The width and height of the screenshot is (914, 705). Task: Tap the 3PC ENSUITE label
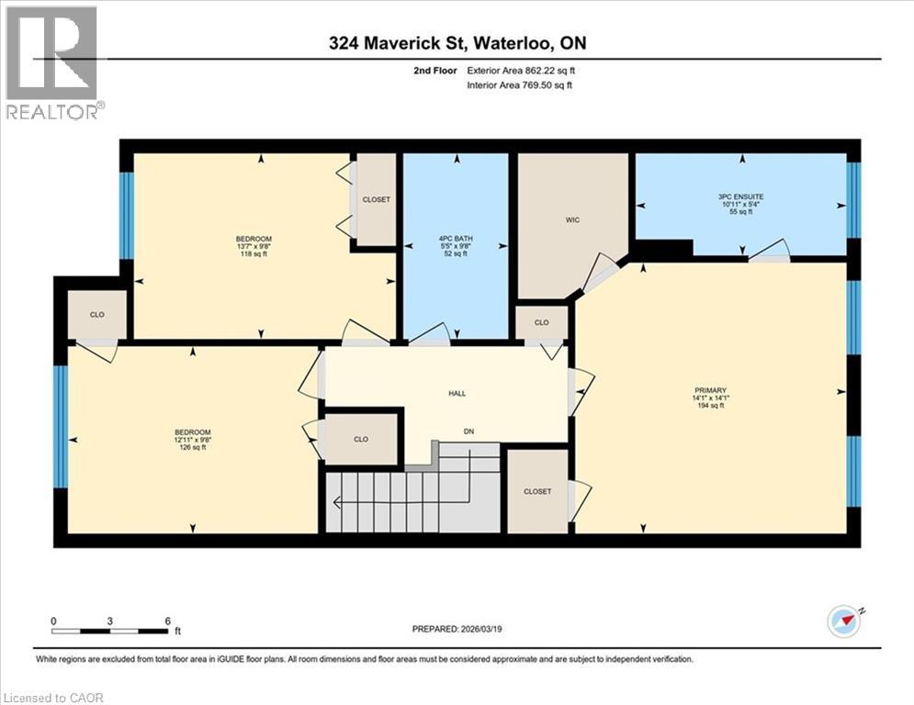coord(741,196)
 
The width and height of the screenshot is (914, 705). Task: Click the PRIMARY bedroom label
coord(710,390)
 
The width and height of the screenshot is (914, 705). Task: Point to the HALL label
coord(457,394)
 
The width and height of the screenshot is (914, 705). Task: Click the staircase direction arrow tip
coord(335,502)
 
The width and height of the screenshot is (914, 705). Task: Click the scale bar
coord(110,631)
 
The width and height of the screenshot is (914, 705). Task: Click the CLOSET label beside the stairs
coord(537,491)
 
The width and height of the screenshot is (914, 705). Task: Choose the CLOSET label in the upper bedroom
coord(376,199)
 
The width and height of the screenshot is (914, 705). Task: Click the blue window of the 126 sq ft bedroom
coord(61,427)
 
